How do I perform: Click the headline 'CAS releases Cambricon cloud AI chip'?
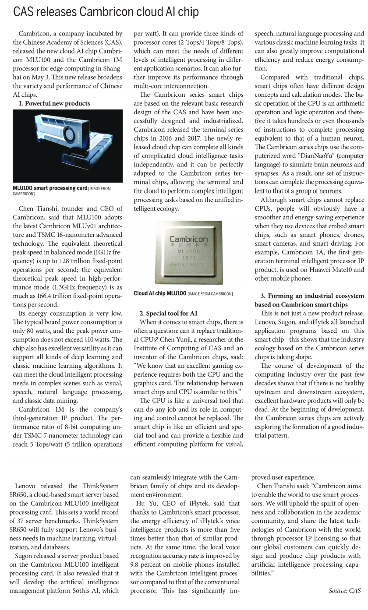tap(106, 12)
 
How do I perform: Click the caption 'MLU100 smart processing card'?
tap(50, 188)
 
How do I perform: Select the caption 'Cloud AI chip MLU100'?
tap(160, 281)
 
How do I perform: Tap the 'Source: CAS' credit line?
tap(345, 591)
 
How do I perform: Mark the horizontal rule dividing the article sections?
tap(184, 463)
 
